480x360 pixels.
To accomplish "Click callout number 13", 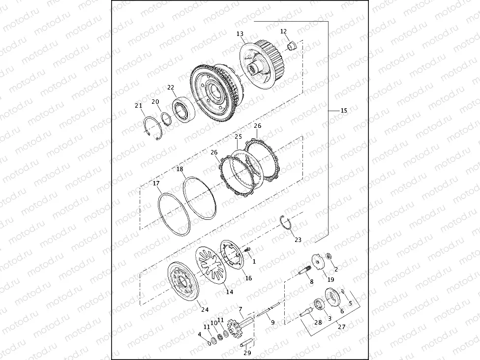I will pyautogui.click(x=240, y=34).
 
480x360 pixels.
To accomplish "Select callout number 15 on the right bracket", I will pyautogui.click(x=343, y=111).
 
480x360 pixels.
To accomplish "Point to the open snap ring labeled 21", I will pyautogui.click(x=154, y=129).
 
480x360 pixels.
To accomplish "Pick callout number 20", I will pyautogui.click(x=155, y=102).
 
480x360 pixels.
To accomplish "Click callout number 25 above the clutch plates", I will pyautogui.click(x=238, y=137).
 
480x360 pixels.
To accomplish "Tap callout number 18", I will pyautogui.click(x=180, y=169).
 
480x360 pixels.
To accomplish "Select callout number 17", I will pyautogui.click(x=156, y=184).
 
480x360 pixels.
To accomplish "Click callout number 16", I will pyautogui.click(x=248, y=278).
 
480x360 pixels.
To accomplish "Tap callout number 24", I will pyautogui.click(x=205, y=310).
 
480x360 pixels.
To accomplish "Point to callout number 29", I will pyautogui.click(x=247, y=353).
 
